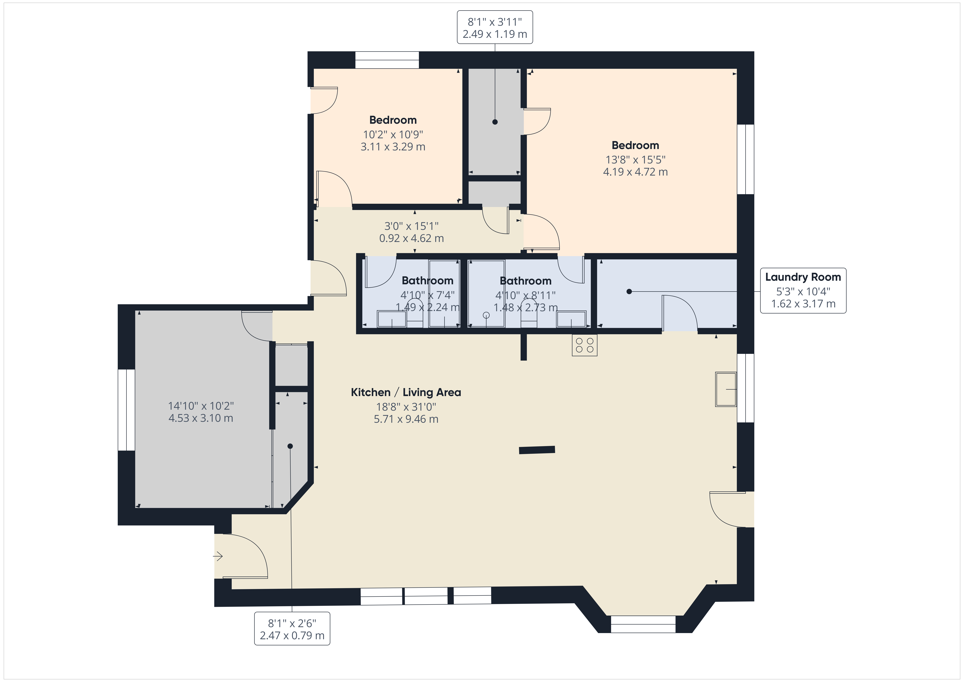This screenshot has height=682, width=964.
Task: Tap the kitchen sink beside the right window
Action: point(726,389)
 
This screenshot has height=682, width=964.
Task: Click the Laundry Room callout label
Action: point(803,290)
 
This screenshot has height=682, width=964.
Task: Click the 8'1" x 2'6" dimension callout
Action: point(292,629)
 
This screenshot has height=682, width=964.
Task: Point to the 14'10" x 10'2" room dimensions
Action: point(201,412)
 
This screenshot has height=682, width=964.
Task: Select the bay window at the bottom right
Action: point(643,624)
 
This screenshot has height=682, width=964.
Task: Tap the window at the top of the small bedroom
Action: point(387,60)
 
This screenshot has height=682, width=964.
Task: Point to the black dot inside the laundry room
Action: point(629,291)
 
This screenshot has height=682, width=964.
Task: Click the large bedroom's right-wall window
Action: point(746,159)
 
